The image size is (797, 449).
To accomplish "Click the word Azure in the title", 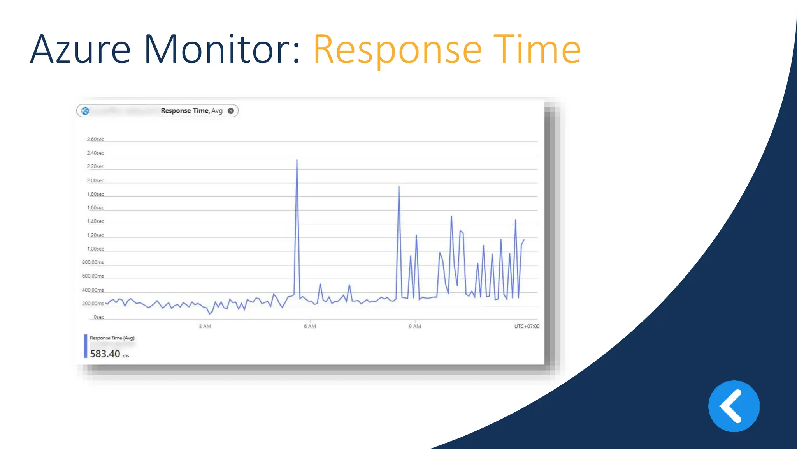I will pyautogui.click(x=80, y=50).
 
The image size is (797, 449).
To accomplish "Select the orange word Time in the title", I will pyautogui.click(x=537, y=50).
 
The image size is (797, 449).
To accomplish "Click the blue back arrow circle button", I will pyautogui.click(x=734, y=406).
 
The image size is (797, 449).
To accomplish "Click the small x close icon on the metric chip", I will pyautogui.click(x=231, y=111).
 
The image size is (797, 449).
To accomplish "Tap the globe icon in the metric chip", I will pyautogui.click(x=85, y=111).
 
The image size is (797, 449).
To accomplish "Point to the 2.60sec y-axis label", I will pyautogui.click(x=95, y=140).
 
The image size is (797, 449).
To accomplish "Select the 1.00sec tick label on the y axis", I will pyautogui.click(x=95, y=249).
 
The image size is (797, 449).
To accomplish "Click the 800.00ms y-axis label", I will pyautogui.click(x=93, y=263).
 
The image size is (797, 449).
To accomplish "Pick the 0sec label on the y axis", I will pyautogui.click(x=99, y=317).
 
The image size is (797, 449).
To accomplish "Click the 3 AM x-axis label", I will pyautogui.click(x=205, y=327).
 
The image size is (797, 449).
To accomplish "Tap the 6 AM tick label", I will pyautogui.click(x=310, y=327).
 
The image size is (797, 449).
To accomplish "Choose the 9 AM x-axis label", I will pyautogui.click(x=415, y=327).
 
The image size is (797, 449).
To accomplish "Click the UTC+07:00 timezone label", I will pyautogui.click(x=527, y=327).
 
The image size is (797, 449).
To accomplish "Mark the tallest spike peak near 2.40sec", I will pyautogui.click(x=297, y=160).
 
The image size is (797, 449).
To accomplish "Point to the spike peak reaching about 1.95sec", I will pyautogui.click(x=399, y=187).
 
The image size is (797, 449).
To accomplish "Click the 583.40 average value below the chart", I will pyautogui.click(x=105, y=354).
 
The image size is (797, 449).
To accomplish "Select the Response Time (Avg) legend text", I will pyautogui.click(x=112, y=338).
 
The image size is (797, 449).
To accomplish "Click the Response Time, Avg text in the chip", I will pyautogui.click(x=191, y=111).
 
